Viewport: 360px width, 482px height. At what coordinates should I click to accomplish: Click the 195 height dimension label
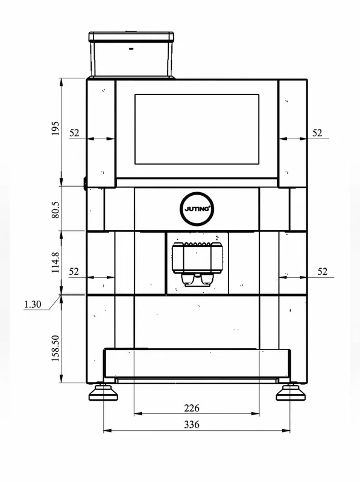55,128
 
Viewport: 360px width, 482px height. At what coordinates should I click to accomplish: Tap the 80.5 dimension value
55,210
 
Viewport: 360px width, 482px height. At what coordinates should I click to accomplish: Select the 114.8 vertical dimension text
55,263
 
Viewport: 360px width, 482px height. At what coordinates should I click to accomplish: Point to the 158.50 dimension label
55,348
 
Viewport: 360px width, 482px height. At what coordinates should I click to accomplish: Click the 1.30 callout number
33,304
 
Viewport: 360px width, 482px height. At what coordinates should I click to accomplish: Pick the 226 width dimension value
192,408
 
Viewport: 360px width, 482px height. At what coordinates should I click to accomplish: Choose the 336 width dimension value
192,425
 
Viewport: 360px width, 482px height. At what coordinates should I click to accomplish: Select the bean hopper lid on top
131,37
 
